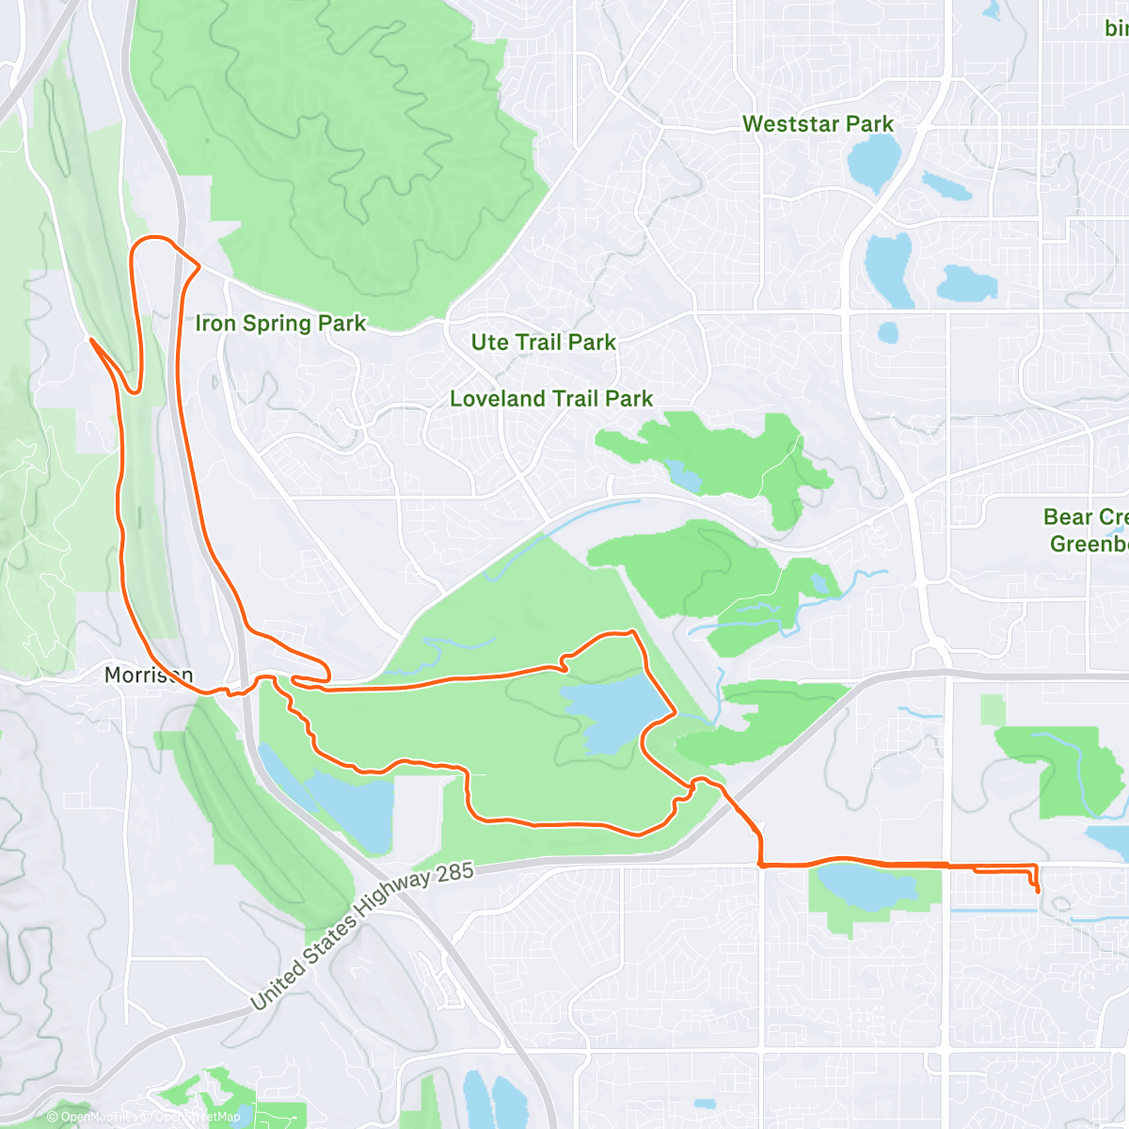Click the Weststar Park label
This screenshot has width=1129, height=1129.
point(817,124)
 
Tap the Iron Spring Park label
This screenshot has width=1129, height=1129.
point(280,324)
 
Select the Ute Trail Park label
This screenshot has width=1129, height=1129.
point(543,342)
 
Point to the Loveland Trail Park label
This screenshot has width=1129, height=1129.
point(550,399)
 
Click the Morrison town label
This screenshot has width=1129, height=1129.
point(148,675)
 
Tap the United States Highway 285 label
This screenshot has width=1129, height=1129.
point(361,935)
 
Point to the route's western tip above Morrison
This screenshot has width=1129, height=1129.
point(90,340)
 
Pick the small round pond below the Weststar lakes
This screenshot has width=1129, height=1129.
point(888,332)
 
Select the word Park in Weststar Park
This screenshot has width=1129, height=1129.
point(868,124)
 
